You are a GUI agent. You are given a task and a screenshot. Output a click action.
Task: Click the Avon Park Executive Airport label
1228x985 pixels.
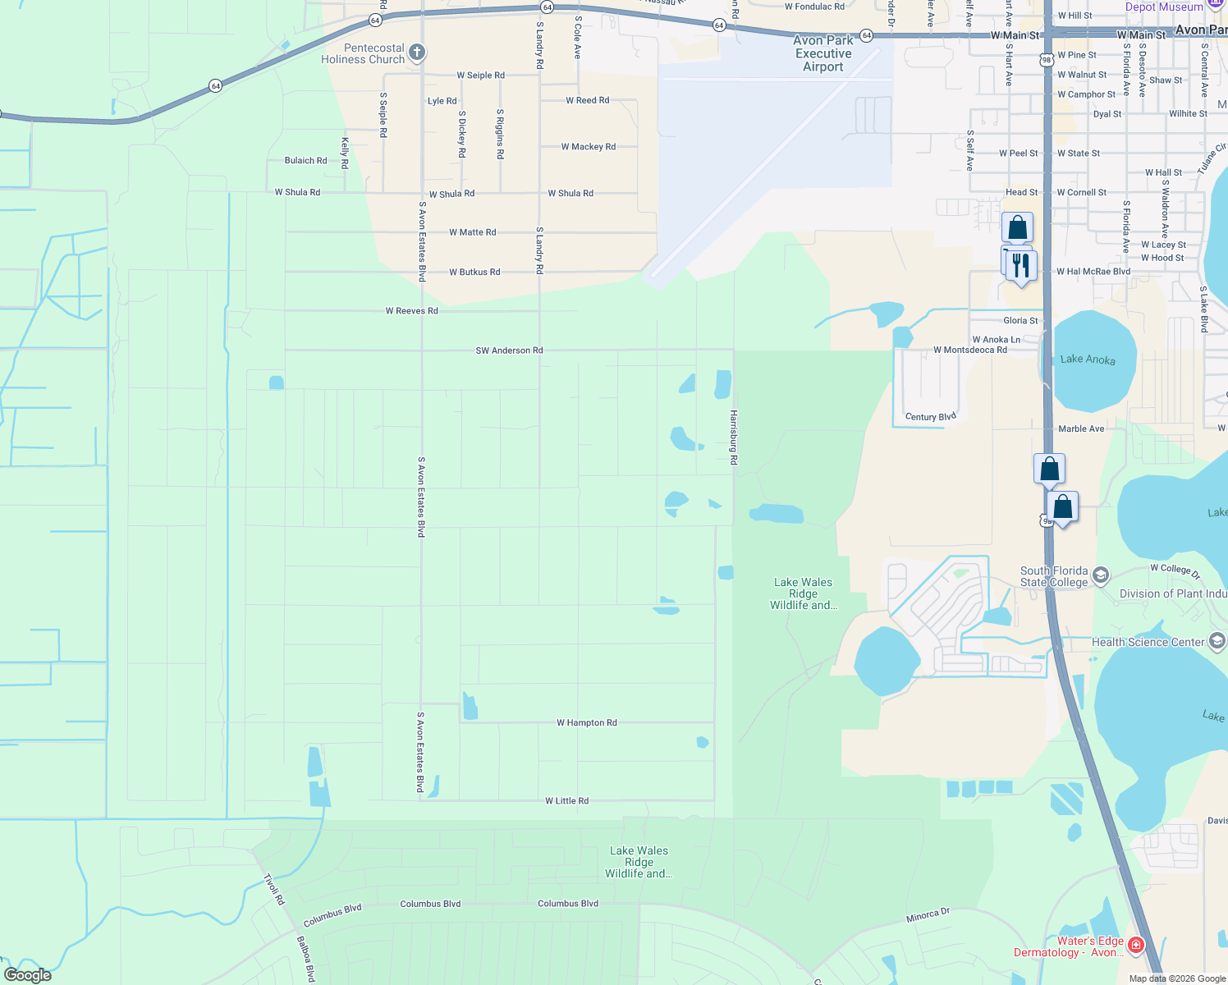point(822,54)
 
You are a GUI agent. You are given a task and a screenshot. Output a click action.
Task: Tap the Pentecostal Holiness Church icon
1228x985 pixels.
point(417,53)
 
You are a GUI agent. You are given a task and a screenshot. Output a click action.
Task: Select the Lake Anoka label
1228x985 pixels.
point(1088,359)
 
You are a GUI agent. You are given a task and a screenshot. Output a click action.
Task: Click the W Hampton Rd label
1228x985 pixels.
point(586,723)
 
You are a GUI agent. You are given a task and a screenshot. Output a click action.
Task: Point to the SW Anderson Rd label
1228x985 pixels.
point(509,350)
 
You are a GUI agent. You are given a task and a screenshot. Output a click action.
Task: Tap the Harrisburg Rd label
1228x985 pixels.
point(734,438)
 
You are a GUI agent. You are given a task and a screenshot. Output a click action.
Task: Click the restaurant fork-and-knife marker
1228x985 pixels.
point(1021,266)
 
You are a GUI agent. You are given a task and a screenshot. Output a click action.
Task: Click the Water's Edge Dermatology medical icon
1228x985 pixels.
point(1136,946)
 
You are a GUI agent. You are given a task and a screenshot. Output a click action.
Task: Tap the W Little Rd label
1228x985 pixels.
point(566,801)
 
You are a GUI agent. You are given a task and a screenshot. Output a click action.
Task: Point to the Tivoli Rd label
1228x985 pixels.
point(274,890)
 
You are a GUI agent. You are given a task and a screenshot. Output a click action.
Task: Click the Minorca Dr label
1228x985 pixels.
point(928,915)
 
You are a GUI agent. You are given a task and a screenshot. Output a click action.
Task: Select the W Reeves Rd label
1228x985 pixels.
point(411,311)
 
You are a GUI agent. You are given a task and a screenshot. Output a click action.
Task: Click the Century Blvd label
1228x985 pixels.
point(930,417)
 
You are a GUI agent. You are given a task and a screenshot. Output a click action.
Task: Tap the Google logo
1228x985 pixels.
point(28,975)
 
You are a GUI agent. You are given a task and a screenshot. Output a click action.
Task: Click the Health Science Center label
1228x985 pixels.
point(1148,642)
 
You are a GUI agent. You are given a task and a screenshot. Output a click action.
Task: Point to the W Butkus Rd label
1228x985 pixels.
point(474,272)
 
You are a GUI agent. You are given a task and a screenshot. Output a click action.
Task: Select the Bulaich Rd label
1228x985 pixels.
point(305,161)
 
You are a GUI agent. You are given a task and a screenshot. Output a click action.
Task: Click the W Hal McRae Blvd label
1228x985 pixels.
point(1093,272)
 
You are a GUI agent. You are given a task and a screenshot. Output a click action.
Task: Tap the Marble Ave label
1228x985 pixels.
point(1081,428)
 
